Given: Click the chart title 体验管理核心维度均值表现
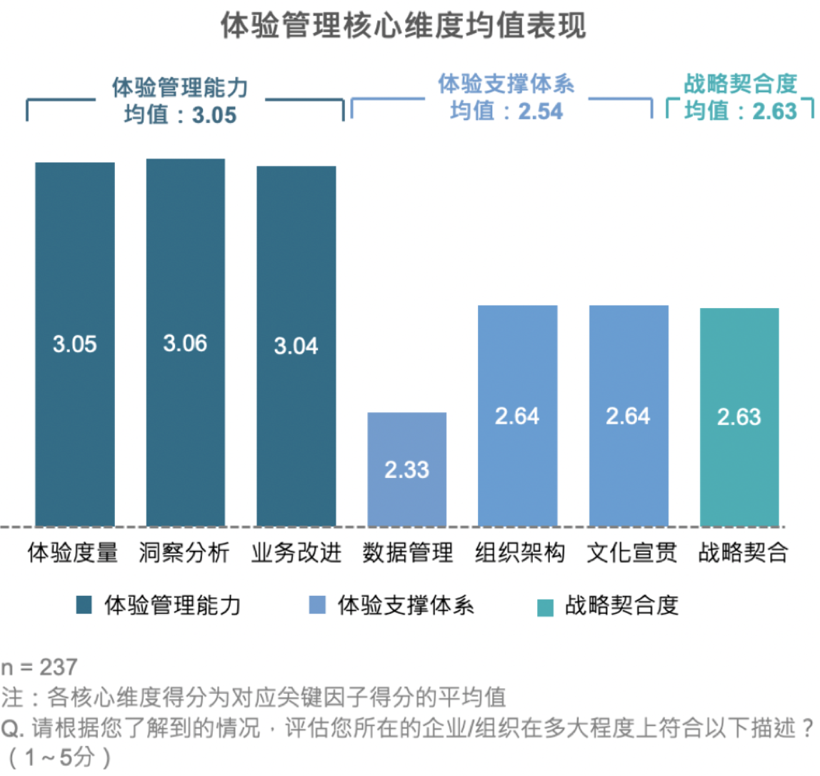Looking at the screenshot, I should pos(404,26).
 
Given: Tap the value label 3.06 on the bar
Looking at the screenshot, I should pos(185,344).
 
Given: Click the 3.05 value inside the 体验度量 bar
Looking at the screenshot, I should pos(74,344).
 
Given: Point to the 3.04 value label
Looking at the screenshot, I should pos(296,347).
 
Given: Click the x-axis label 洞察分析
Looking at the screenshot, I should pos(184,552).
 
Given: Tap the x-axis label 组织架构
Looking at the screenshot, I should pos(519,552).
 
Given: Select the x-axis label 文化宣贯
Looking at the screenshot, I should pos(631,552).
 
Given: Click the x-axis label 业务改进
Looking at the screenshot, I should pos(296,552).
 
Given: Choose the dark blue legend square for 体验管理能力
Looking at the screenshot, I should pos(84,606).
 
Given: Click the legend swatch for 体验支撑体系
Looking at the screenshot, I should pos(316,606).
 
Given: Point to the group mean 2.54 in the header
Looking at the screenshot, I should pos(541,111).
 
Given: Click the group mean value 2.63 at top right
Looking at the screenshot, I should pos(774,111).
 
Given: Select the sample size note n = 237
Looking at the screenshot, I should pos(39,667).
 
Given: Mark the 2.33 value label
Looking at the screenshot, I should pos(406,469).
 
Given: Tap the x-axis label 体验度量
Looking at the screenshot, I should pos(73,552).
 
